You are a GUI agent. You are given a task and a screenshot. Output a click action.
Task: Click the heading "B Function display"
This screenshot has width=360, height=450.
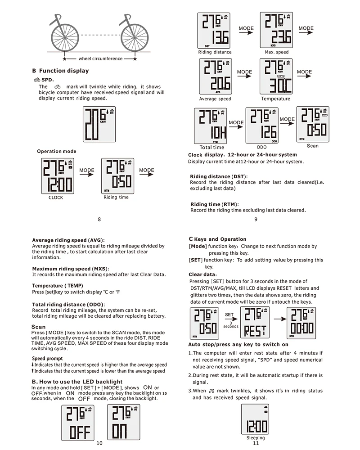(60, 71)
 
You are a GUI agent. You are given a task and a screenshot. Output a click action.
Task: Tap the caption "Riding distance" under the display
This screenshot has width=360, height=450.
(215, 52)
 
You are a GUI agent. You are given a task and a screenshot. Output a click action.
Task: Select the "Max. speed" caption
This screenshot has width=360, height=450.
(276, 52)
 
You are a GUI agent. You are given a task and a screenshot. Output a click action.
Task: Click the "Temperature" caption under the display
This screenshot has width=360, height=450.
(275, 99)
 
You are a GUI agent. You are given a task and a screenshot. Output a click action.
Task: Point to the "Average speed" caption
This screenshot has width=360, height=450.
(215, 99)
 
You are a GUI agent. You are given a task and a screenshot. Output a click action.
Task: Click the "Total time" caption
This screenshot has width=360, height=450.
(211, 147)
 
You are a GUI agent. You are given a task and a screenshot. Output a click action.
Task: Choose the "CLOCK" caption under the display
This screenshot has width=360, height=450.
(56, 198)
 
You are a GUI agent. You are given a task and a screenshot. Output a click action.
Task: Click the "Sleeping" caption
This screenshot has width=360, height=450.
(256, 438)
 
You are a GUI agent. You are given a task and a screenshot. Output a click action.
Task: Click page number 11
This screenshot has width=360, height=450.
(256, 443)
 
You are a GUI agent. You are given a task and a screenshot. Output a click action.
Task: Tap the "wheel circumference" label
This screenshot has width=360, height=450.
(100, 58)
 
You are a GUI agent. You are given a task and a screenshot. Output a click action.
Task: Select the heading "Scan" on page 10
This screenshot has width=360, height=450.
(39, 327)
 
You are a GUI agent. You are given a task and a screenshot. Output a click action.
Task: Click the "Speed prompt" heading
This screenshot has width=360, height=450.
(48, 358)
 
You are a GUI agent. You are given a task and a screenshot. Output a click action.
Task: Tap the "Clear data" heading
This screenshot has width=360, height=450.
(202, 274)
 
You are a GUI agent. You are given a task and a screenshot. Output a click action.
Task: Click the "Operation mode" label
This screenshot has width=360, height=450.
(56, 152)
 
